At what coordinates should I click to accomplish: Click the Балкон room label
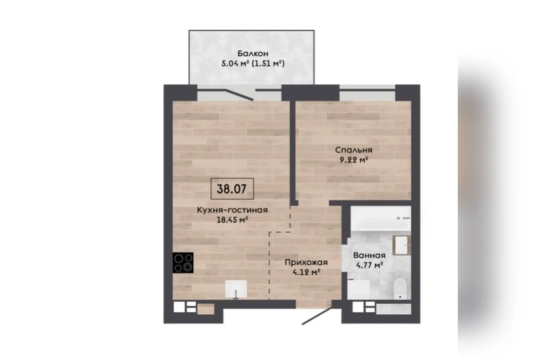click(253, 53)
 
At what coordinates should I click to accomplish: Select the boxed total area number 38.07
click(232, 189)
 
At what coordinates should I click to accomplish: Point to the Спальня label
click(353, 150)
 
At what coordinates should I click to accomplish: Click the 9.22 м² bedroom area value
click(353, 160)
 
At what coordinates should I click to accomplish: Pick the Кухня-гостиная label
click(232, 210)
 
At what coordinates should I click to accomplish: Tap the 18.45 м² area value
click(232, 220)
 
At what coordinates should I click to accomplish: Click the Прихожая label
click(306, 262)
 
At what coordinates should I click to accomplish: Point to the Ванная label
click(369, 255)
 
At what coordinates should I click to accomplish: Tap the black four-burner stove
click(183, 262)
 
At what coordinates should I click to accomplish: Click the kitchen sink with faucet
click(236, 289)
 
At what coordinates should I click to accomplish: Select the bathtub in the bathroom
click(380, 218)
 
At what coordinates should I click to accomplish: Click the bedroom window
click(367, 95)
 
